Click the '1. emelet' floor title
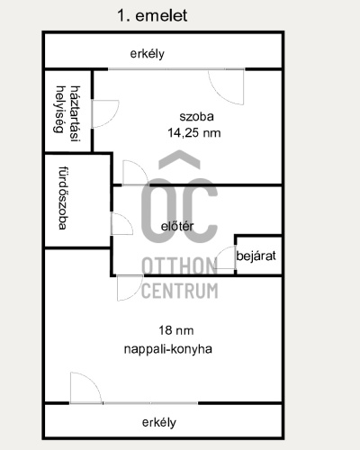152,15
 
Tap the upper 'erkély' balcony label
148,54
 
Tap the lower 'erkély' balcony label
159,422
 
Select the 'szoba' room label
196,116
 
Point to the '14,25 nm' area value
194,132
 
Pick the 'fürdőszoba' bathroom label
62,198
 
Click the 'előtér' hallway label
177,226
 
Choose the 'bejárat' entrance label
256,256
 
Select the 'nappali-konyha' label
168,349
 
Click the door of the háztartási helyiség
104,114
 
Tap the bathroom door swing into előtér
121,224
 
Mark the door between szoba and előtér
135,173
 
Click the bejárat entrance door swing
226,257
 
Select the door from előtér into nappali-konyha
130,288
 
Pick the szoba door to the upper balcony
226,87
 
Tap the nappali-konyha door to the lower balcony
85,388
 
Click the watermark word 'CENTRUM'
180,291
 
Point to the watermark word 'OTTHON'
179,266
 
